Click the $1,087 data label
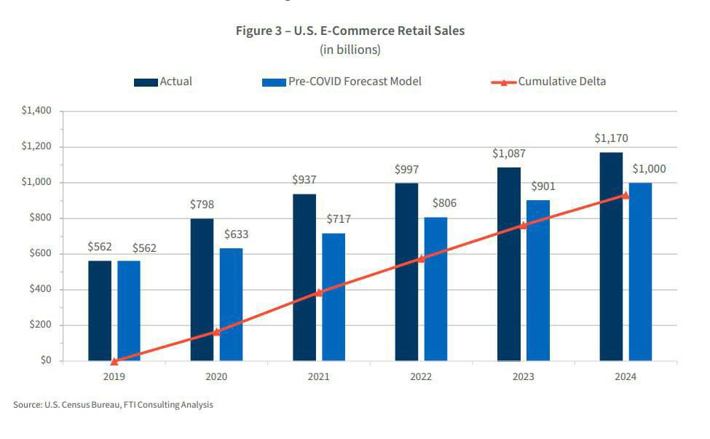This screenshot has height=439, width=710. [508, 154]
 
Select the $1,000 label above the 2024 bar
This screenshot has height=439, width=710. [648, 169]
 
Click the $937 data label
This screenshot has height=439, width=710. [304, 179]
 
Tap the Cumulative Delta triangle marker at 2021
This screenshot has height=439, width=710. [318, 293]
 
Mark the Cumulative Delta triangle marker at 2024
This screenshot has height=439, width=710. [626, 195]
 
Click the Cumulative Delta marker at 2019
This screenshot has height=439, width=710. [114, 361]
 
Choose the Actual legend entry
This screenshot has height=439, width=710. [163, 82]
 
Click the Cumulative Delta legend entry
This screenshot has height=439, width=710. [549, 82]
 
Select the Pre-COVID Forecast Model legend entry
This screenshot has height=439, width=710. [342, 82]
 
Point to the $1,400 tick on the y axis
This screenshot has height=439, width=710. [36, 111]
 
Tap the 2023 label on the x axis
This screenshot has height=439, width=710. [523, 376]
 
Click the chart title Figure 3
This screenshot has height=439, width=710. [350, 31]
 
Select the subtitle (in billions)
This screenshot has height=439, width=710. [350, 50]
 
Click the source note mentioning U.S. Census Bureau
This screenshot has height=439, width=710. [114, 404]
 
